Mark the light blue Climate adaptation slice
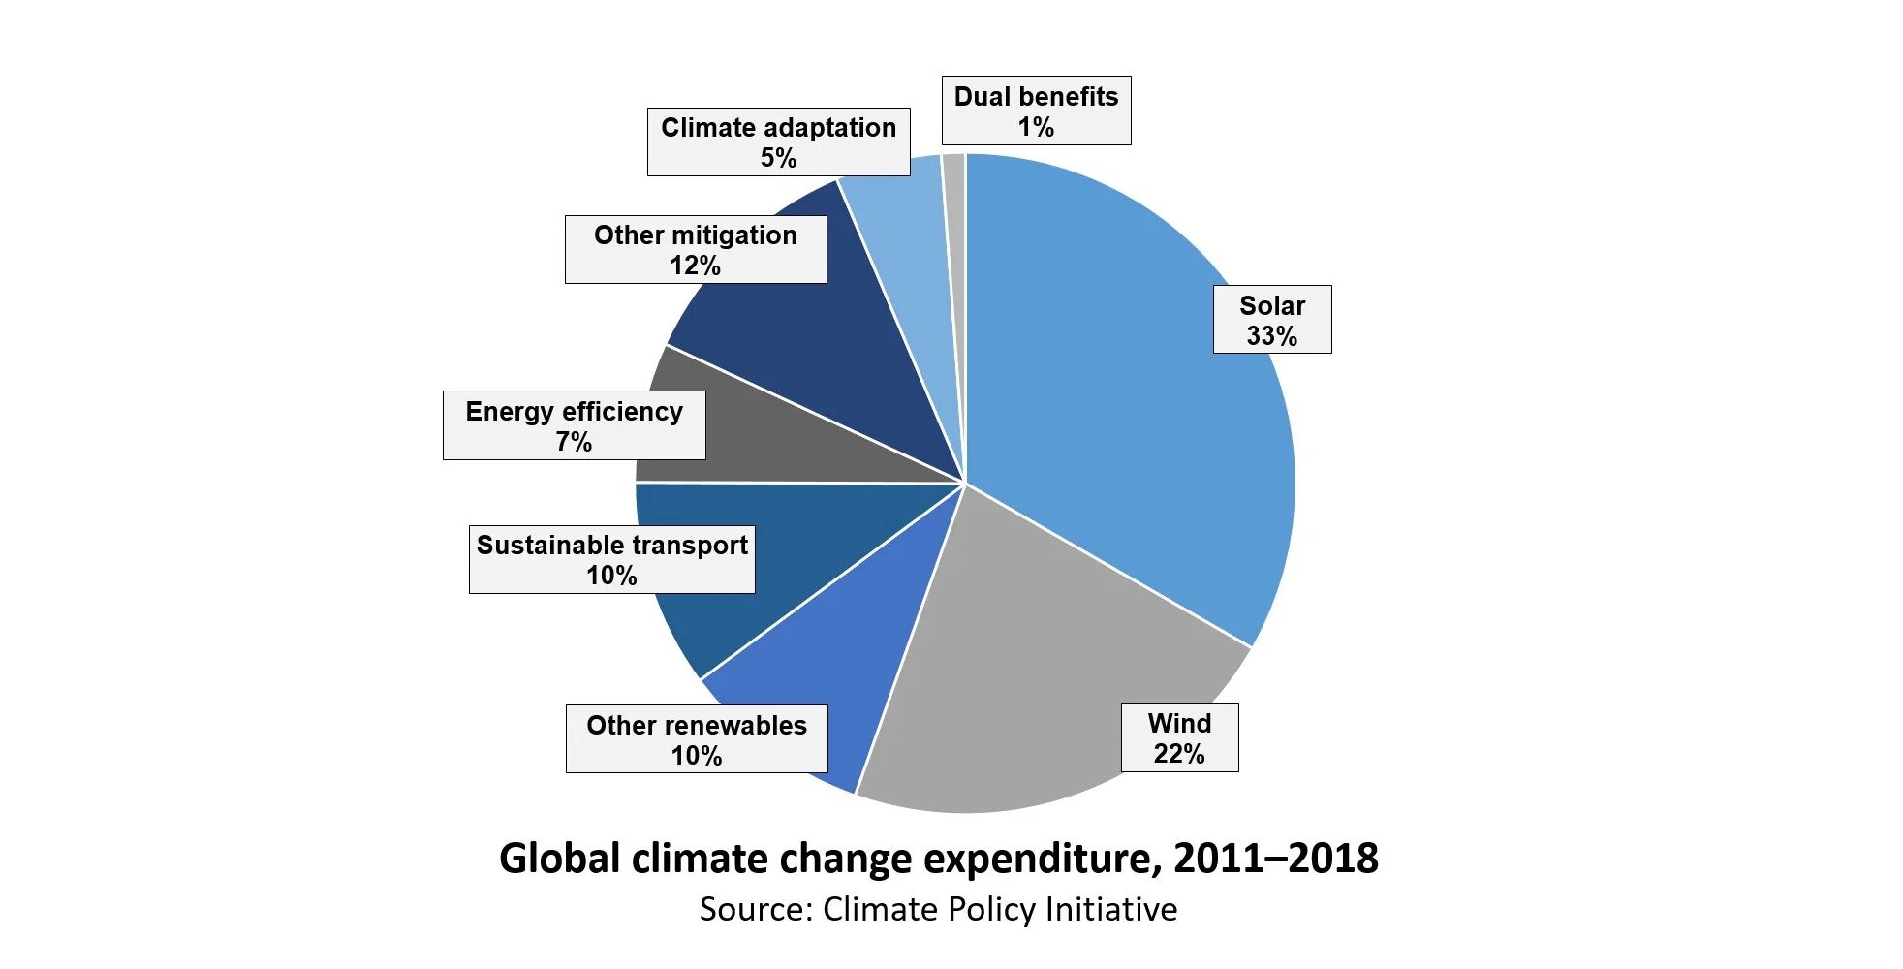(911, 242)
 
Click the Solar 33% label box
(1271, 320)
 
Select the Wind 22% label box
(1179, 737)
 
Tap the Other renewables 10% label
(697, 739)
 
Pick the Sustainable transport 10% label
(611, 559)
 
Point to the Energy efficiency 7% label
(574, 425)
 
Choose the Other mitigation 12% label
(696, 249)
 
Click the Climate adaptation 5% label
(778, 141)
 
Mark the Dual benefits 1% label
(1036, 110)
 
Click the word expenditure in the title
(1041, 860)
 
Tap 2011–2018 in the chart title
(1275, 859)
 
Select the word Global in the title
(559, 860)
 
